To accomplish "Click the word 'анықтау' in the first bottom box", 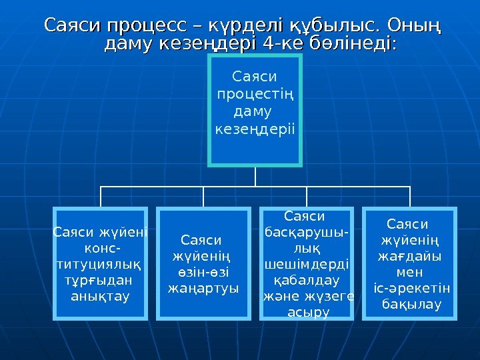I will tap(101, 295).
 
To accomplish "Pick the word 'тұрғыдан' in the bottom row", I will tap(101, 279).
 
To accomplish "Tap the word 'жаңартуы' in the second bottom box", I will tap(203, 288).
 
